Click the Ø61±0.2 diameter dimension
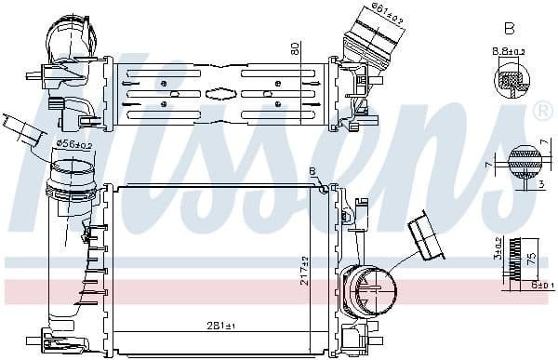coord(385,9)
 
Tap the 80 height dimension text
coord(295,48)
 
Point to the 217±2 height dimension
coord(304,272)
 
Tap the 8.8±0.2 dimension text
coord(508,52)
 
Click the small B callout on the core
coord(312,171)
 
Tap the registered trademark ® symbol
coord(543,112)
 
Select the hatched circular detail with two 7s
coord(525,164)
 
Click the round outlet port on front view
coord(368,289)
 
